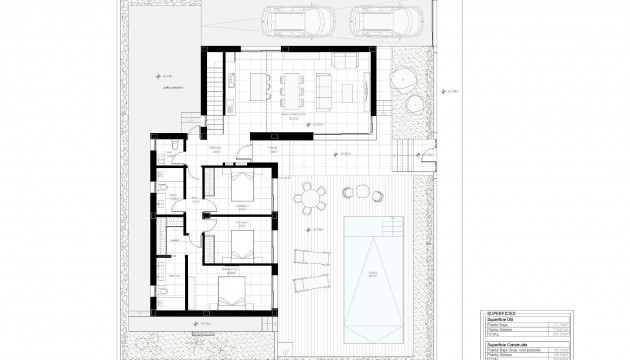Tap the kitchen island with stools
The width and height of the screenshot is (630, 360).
(256, 88)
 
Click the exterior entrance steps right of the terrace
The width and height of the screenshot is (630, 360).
(407, 152)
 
